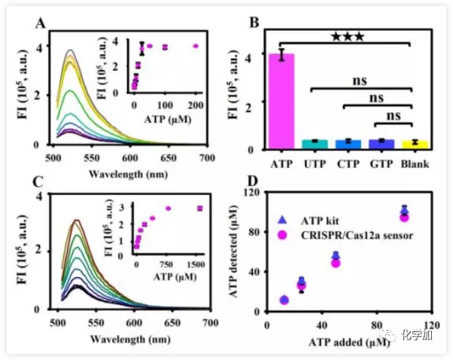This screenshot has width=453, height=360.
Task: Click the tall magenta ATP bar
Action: [x=282, y=102]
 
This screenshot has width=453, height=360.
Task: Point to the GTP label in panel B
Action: [x=382, y=161]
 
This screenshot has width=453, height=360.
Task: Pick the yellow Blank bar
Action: [x=414, y=145]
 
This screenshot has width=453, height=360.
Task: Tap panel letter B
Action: [x=255, y=25]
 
